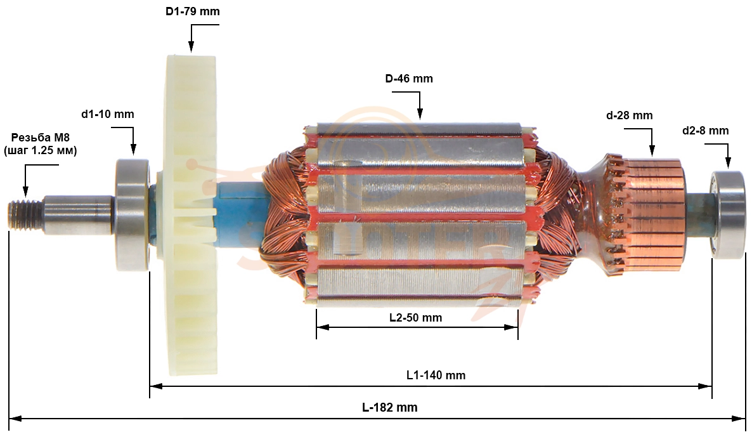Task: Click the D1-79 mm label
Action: (193, 11)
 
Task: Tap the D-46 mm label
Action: (408, 78)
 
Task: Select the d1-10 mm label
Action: (107, 114)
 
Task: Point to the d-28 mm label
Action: (629, 115)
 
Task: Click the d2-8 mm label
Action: (706, 131)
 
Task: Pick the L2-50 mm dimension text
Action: (415, 318)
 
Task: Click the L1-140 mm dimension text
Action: (436, 375)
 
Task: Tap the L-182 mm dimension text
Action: (390, 408)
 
